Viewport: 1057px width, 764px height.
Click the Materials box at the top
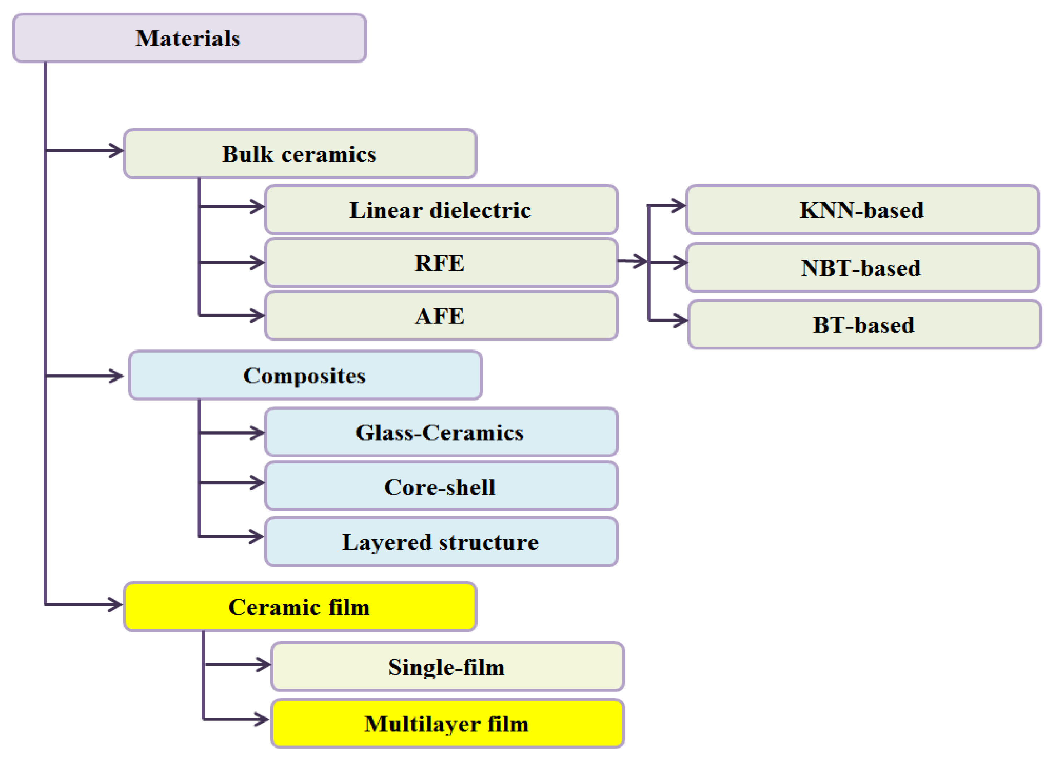[189, 38]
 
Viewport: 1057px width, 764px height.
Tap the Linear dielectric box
[441, 210]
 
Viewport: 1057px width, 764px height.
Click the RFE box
[441, 263]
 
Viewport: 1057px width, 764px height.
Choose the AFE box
[441, 316]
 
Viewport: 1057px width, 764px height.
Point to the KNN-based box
[862, 210]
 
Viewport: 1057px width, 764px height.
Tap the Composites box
[305, 376]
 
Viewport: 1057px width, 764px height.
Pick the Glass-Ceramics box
[441, 432]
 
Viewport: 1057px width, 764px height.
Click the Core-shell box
[441, 487]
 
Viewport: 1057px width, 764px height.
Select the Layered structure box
[441, 542]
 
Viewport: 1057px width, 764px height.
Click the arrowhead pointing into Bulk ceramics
[117, 150]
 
